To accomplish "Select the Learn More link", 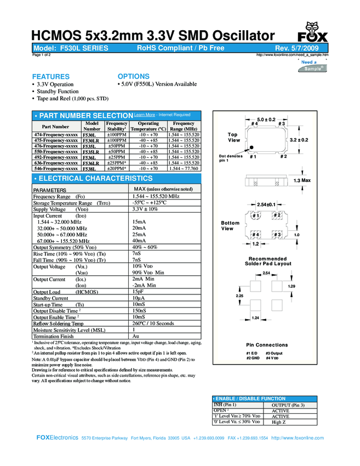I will [145, 115].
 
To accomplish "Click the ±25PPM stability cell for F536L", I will [116, 157].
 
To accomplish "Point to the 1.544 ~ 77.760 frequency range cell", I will [183, 168].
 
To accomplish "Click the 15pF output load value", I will [138, 292].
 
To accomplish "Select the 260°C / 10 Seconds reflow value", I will [153, 323].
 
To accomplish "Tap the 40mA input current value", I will [139, 241].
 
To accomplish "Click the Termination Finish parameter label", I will [54, 336].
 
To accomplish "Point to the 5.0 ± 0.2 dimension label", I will [266, 119].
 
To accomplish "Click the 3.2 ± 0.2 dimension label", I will [299, 140].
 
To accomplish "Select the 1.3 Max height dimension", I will [302, 180].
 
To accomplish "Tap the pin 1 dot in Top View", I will [250, 148].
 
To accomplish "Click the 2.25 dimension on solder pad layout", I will [239, 296].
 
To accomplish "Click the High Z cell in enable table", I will [279, 422].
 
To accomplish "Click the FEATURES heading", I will [51, 76].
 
